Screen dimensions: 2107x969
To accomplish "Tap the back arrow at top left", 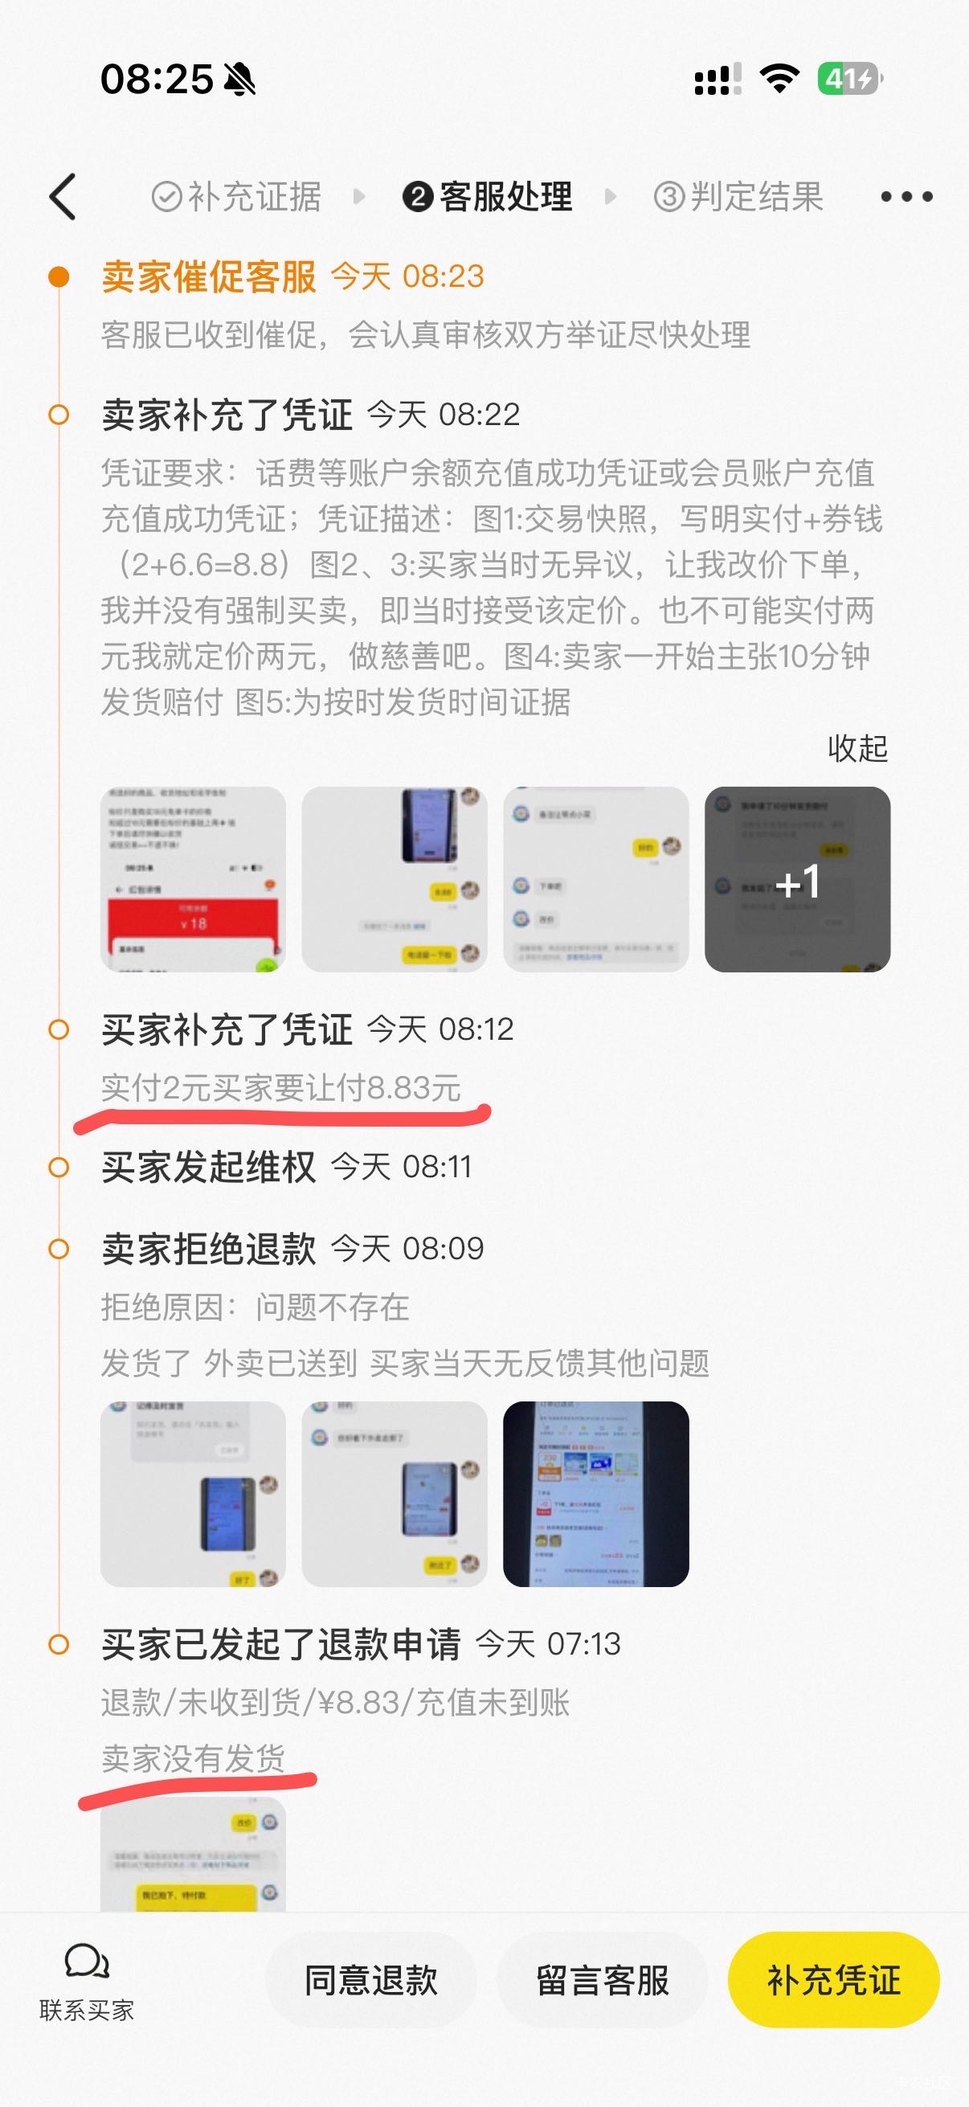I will coord(63,196).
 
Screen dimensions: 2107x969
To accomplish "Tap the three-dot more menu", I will coord(906,196).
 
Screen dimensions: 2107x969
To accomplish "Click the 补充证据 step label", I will coord(237,196).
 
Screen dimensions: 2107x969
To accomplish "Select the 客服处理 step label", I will coord(489,196).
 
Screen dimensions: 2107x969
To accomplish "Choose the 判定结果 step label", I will coord(738,196).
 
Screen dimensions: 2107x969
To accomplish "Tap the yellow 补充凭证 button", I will coord(832,1980).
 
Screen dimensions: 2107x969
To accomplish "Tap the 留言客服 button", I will coord(602,1980).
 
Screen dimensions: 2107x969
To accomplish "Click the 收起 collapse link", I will coord(857,747).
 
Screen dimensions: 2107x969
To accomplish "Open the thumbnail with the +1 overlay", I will coord(797,879).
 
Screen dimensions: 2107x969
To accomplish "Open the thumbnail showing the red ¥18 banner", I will coord(193,879).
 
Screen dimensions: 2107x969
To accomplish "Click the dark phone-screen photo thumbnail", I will coord(595,1494).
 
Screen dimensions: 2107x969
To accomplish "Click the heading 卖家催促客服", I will coord(209,276).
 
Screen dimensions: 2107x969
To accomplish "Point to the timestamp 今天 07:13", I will coord(548,1644).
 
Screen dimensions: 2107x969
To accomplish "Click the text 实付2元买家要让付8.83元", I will coord(280,1088).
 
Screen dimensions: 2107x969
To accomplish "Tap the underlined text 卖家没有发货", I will coord(193,1757).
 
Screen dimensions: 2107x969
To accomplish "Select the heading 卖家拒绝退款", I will coord(209,1249).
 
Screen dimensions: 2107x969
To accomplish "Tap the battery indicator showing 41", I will coord(848,80).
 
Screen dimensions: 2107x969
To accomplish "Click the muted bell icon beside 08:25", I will coord(239,80).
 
